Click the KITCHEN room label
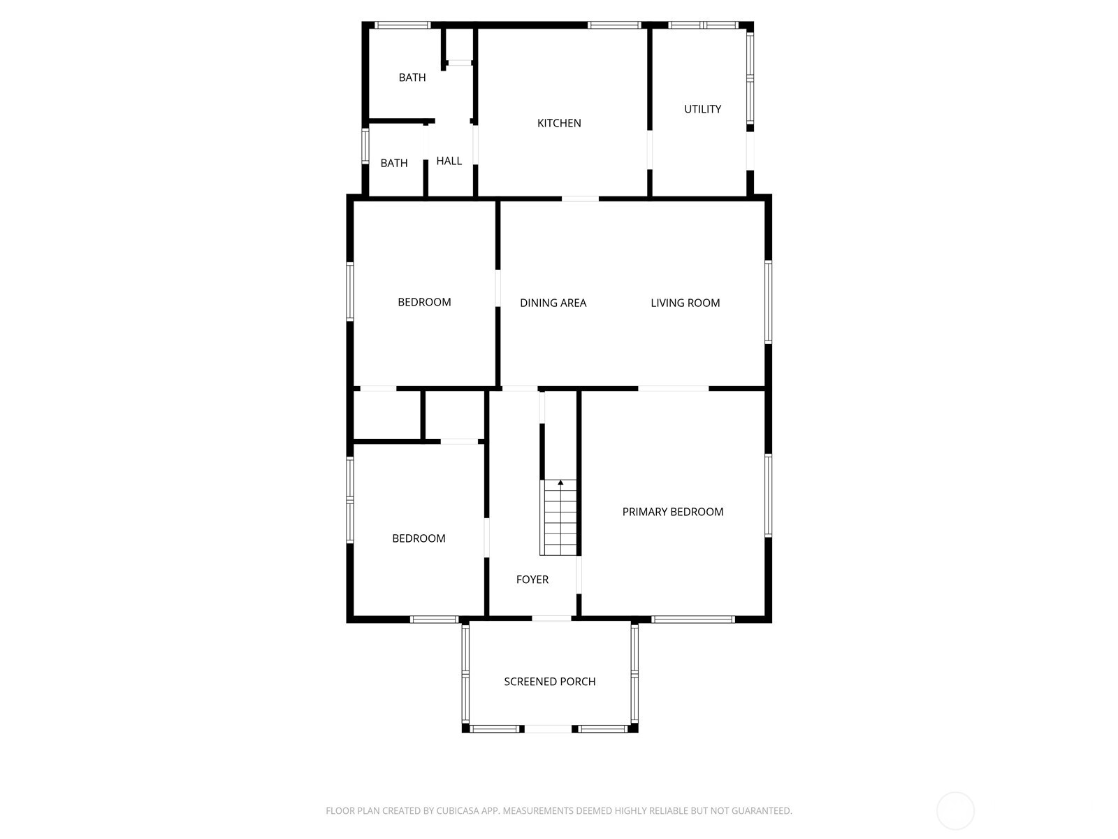point(559,123)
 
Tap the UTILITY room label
point(702,109)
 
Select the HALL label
point(449,161)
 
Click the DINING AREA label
point(553,303)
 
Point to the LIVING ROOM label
point(685,303)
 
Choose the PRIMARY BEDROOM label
point(672,512)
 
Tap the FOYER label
point(532,580)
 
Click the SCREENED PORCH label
point(549,682)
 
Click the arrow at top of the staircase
point(560,482)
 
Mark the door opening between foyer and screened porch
point(551,618)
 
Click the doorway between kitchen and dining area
point(580,199)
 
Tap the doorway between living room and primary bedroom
point(673,388)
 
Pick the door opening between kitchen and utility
point(649,150)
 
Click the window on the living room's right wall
point(768,302)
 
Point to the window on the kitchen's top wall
point(614,25)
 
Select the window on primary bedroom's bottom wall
point(692,619)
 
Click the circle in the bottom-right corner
point(955,811)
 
